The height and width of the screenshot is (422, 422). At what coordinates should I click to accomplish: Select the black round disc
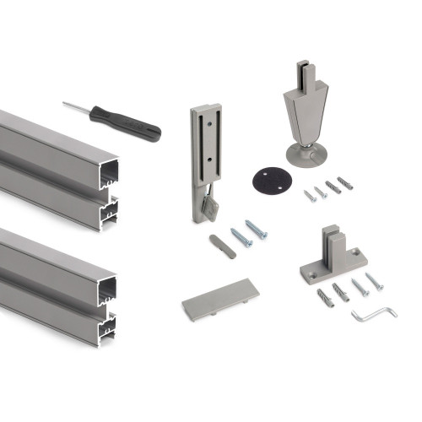[268, 181]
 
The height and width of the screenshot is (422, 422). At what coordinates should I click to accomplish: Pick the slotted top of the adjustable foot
[303, 76]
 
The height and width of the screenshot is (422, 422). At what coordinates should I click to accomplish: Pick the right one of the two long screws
[256, 229]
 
